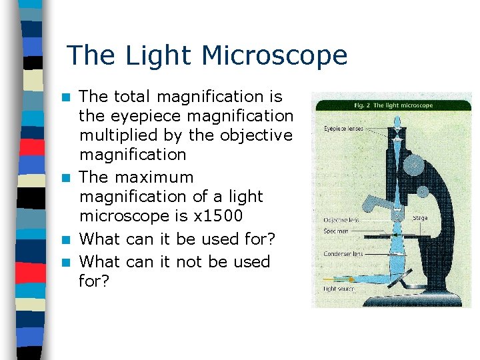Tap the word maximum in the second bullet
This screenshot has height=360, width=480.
(155, 177)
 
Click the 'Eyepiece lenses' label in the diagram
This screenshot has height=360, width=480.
(343, 127)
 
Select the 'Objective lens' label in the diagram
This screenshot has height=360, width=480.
(341, 219)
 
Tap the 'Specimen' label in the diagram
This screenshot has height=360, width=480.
(337, 231)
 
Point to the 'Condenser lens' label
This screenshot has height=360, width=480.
(342, 253)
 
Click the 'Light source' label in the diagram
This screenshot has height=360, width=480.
(339, 289)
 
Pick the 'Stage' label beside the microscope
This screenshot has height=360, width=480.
(420, 218)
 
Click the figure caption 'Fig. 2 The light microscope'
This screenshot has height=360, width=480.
(393, 105)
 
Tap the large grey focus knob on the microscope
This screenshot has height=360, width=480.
(414, 163)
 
